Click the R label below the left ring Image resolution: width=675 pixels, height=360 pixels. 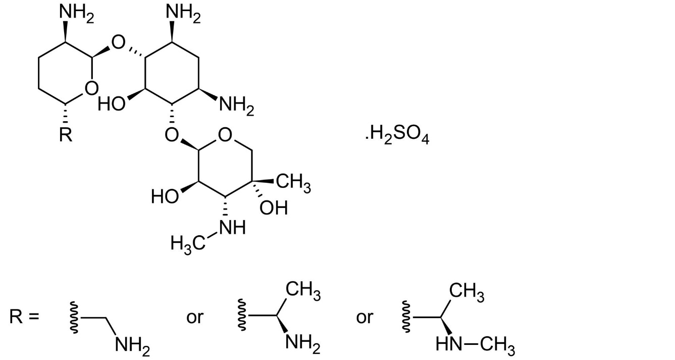pyautogui.click(x=66, y=135)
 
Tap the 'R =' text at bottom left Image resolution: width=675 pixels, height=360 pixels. pyautogui.click(x=24, y=317)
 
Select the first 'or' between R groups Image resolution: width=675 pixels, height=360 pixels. pyautogui.click(x=195, y=318)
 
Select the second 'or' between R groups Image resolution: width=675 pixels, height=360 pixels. pyautogui.click(x=365, y=318)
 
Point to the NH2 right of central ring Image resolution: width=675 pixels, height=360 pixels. pyautogui.click(x=237, y=106)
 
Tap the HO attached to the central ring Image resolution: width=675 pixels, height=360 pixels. pyautogui.click(x=111, y=105)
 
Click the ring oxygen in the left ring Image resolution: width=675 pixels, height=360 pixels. pyautogui.click(x=91, y=88)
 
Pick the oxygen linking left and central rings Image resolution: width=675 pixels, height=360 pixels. pyautogui.click(x=118, y=42)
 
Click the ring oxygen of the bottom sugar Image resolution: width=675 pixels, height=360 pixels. pyautogui.click(x=225, y=135)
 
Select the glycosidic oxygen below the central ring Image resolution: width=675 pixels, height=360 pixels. pyautogui.click(x=172, y=135)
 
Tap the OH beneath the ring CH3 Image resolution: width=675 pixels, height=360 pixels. pyautogui.click(x=274, y=208)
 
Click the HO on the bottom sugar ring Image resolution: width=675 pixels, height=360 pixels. pyautogui.click(x=165, y=196)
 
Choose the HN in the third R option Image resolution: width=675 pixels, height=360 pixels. pyautogui.click(x=449, y=344)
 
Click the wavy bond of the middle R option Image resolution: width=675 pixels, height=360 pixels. pyautogui.click(x=242, y=316)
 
